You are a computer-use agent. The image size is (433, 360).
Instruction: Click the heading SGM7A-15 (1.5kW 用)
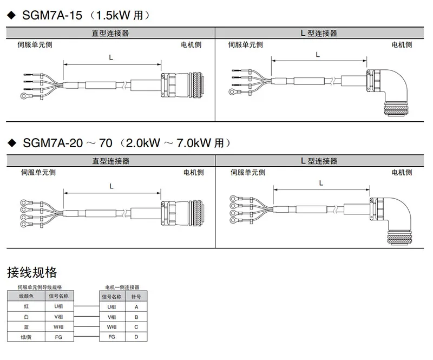point(81,16)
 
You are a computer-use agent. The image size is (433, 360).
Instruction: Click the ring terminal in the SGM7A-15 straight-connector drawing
point(25,97)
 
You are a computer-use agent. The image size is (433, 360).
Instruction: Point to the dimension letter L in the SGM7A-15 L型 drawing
point(318,54)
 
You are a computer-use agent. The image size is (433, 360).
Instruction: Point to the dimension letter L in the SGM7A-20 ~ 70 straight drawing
point(111,186)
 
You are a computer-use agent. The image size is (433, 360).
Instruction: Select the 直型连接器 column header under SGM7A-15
point(110,34)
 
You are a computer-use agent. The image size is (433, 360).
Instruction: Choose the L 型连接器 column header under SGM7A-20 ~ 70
point(319,161)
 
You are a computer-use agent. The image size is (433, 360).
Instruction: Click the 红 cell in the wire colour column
point(26,306)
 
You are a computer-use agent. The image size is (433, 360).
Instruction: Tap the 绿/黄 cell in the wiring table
point(26,337)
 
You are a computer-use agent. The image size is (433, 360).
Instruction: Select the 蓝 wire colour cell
point(26,327)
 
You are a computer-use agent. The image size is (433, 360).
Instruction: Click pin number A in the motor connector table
point(136,306)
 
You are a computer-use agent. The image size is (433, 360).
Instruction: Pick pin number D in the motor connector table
point(136,337)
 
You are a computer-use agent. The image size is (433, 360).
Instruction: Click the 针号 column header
point(136,297)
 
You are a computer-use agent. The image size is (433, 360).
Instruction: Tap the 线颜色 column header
point(26,297)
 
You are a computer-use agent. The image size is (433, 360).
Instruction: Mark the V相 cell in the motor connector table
point(111,317)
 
